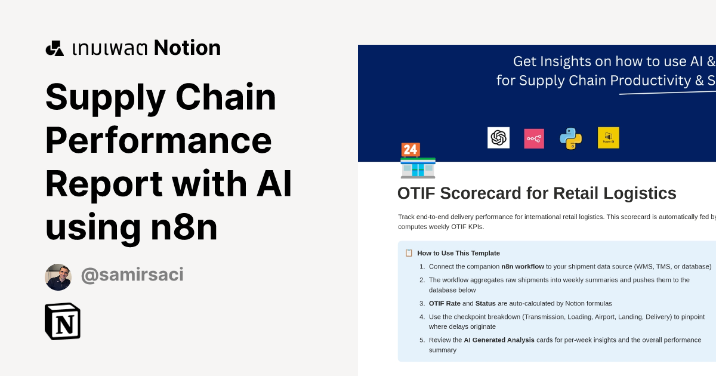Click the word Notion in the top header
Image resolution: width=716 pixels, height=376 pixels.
(x=187, y=48)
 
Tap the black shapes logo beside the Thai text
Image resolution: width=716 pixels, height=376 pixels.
(x=55, y=48)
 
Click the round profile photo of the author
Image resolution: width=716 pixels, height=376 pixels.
(x=58, y=277)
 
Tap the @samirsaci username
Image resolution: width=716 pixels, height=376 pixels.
(x=132, y=275)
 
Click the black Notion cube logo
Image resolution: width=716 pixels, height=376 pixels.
(x=63, y=321)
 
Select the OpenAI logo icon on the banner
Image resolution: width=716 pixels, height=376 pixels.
(x=498, y=138)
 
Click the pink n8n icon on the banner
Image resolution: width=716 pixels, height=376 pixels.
(x=534, y=138)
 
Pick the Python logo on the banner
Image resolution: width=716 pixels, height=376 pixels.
(x=570, y=138)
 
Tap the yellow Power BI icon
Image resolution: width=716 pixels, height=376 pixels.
(x=609, y=138)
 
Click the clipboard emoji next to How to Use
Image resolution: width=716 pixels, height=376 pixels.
(x=409, y=253)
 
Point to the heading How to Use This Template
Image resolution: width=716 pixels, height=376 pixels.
(x=458, y=253)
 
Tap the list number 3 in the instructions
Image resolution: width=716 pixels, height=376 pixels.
(x=422, y=303)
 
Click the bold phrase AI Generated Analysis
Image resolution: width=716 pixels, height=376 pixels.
(x=499, y=340)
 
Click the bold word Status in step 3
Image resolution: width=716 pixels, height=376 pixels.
(x=486, y=303)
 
